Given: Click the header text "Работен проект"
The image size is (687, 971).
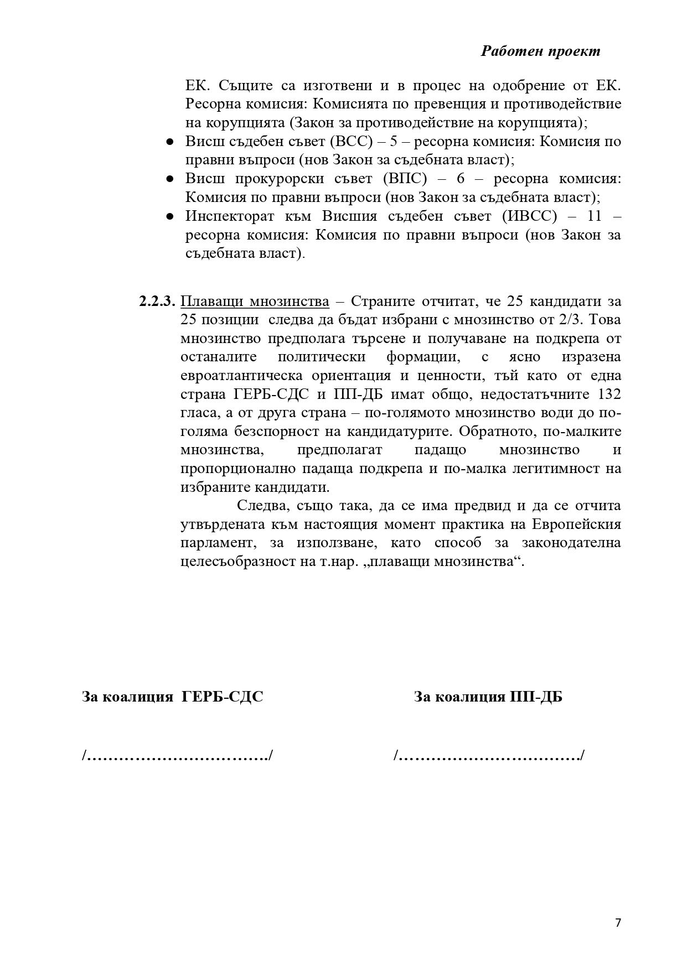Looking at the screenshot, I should pyautogui.click(x=540, y=51).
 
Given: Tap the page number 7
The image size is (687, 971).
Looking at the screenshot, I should pyautogui.click(x=618, y=922).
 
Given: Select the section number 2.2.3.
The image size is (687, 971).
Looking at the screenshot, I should pyautogui.click(x=157, y=302).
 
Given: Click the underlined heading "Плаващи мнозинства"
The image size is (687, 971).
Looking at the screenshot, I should pyautogui.click(x=255, y=302).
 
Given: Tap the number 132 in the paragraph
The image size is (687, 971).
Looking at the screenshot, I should pyautogui.click(x=607, y=394).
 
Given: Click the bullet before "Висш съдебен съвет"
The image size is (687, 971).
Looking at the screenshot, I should pyautogui.click(x=171, y=142).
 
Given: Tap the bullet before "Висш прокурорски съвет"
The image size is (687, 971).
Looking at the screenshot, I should pyautogui.click(x=171, y=179).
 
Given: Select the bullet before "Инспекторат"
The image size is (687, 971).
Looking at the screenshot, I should pyautogui.click(x=171, y=216).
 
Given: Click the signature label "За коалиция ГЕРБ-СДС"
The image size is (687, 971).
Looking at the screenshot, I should pyautogui.click(x=172, y=697).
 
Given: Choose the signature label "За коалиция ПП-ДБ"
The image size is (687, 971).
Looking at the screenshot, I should pyautogui.click(x=488, y=697).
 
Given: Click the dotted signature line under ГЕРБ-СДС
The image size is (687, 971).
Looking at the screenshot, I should pyautogui.click(x=177, y=755).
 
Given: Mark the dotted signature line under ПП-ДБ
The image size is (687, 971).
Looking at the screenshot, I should pyautogui.click(x=489, y=755).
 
